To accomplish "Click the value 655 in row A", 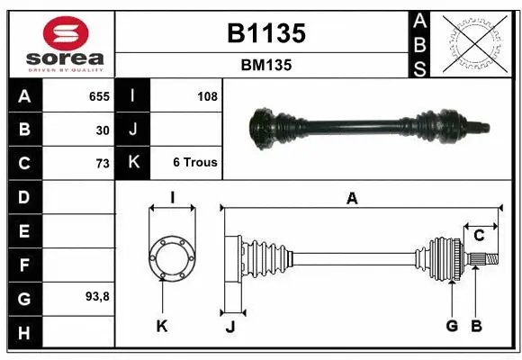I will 99,95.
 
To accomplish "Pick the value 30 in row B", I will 103,130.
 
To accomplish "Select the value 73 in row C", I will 103,163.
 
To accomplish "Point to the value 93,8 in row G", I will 97,296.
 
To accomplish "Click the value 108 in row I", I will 207,95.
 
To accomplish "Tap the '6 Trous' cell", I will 194,163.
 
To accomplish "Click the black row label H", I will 24,334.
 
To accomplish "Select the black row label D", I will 24,197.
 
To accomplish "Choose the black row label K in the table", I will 133,163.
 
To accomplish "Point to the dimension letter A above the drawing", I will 353,199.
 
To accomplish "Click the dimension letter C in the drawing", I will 479,236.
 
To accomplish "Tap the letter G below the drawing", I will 452,325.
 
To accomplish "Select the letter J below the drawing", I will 229,327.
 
